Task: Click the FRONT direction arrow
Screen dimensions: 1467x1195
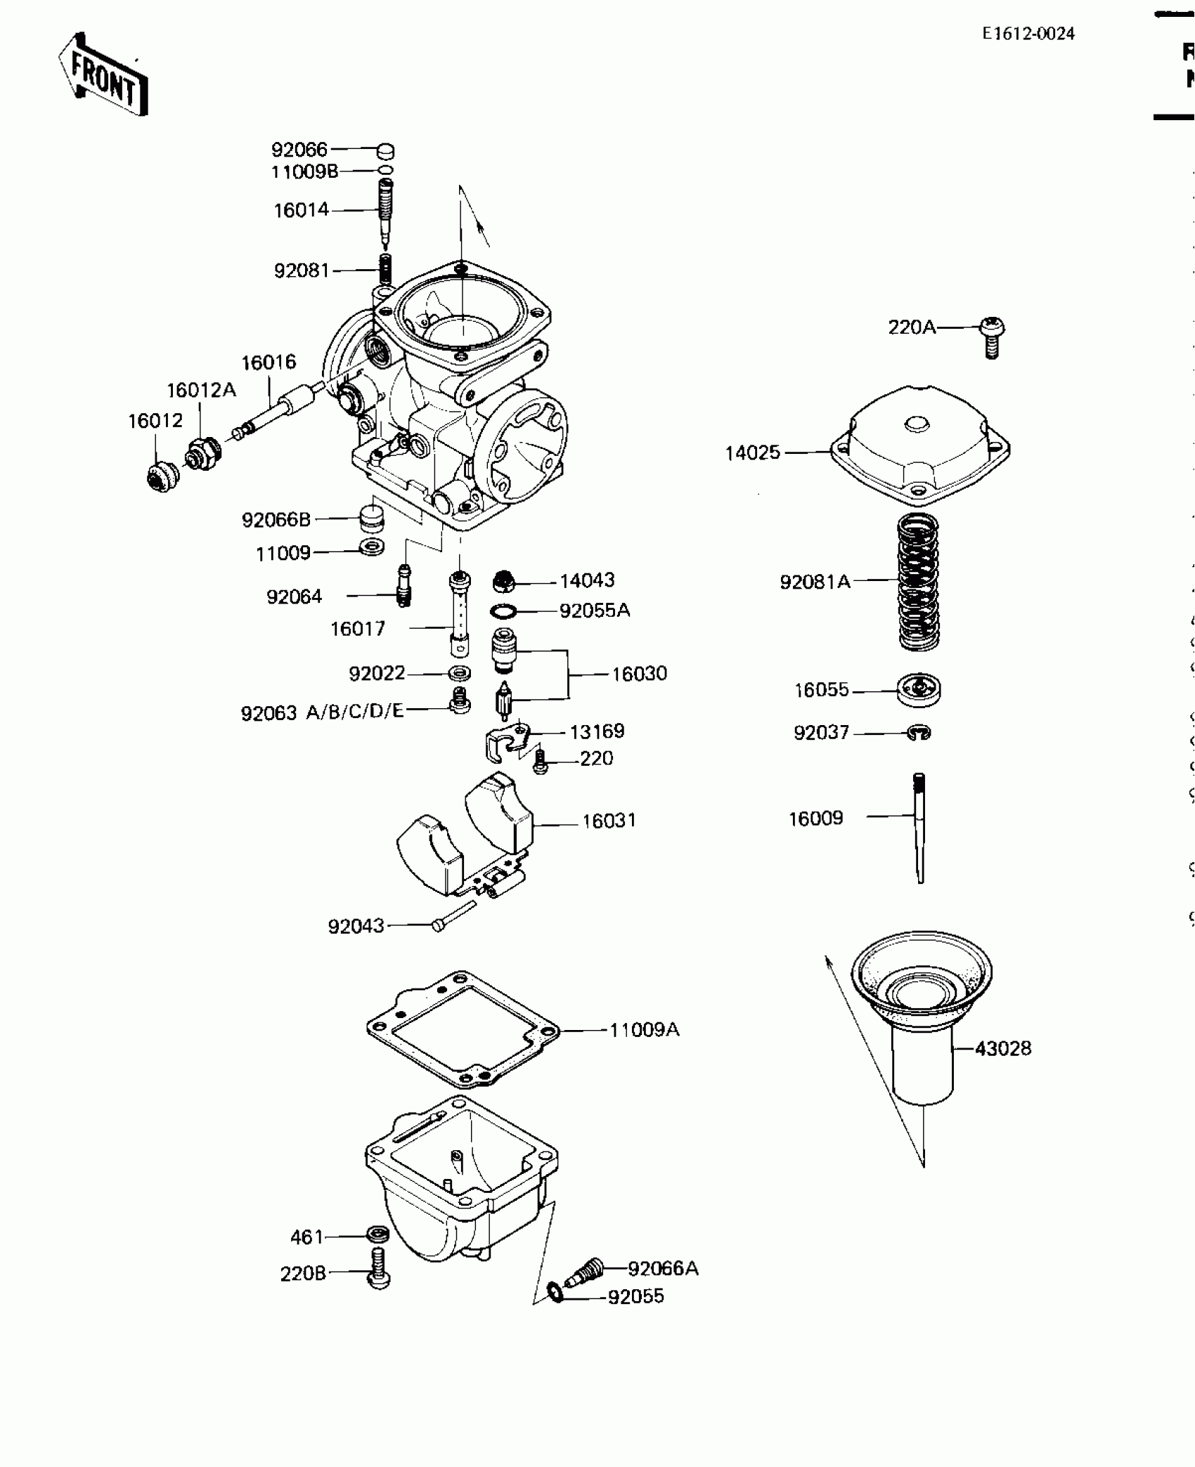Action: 103,74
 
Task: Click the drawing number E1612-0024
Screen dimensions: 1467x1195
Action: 1028,34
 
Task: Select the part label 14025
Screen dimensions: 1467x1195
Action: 752,453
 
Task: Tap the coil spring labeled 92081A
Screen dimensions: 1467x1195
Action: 919,582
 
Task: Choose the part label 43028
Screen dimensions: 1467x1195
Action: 1003,1048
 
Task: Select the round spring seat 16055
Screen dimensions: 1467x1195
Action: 919,690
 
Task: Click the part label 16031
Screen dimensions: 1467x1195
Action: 609,821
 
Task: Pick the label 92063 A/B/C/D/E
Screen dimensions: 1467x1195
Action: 323,712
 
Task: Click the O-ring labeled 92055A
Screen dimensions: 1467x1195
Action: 504,611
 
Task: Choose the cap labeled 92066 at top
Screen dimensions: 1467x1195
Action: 385,151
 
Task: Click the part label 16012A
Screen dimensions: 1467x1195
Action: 201,390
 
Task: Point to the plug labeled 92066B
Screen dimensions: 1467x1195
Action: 370,519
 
